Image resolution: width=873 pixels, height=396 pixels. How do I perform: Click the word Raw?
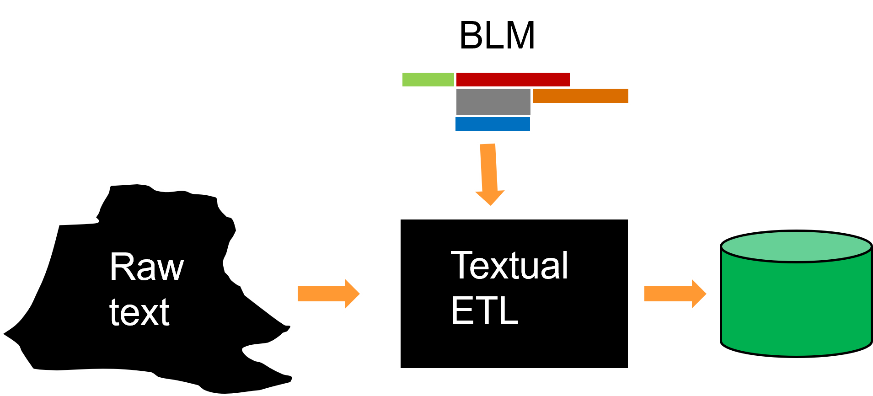[x=146, y=267]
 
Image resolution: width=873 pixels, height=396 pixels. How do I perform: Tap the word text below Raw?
[x=139, y=312]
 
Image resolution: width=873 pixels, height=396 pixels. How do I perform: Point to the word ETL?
[x=484, y=310]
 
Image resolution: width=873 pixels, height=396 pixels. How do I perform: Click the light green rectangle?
[x=428, y=80]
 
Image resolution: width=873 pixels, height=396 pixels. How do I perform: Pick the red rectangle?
[x=513, y=79]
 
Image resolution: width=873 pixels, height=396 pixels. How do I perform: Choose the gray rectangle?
[x=493, y=102]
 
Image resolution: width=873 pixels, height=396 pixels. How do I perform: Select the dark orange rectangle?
[x=581, y=96]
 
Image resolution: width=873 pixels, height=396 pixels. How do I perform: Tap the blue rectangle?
[x=493, y=124]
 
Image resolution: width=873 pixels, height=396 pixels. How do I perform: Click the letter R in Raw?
[x=120, y=267]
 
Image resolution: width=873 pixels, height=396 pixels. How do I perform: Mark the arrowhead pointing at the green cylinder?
[x=699, y=294]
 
